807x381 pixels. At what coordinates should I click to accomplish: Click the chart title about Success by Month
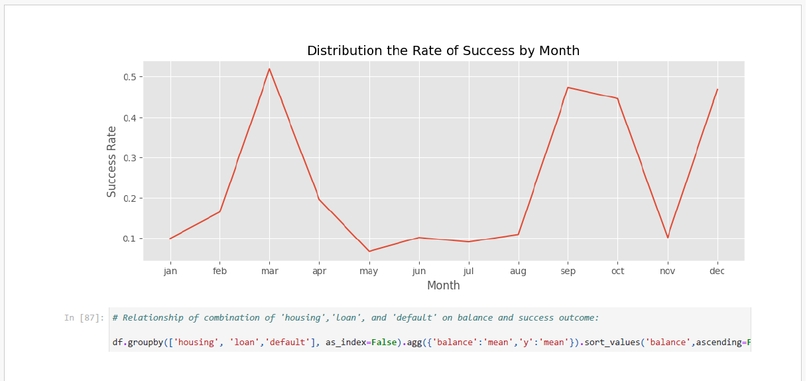443,51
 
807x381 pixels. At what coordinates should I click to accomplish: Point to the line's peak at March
269,69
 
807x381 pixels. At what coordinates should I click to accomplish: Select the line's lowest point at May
369,251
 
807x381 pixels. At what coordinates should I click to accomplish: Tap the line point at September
568,88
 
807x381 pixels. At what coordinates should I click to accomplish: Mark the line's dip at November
668,238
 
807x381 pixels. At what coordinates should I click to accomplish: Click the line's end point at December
717,90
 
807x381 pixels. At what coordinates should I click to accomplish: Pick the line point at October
617,98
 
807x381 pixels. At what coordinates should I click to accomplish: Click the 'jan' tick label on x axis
170,271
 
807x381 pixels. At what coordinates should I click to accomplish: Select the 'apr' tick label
319,271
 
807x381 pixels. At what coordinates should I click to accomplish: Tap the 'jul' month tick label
468,271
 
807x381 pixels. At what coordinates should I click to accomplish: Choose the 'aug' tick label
518,271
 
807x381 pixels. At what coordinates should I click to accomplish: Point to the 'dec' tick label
717,271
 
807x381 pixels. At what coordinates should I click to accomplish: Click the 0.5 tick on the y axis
130,77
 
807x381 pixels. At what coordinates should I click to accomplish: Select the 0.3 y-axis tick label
130,158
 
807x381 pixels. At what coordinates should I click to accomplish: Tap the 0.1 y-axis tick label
130,239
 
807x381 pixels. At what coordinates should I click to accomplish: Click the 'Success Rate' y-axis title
111,161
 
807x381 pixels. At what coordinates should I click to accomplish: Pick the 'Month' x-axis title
444,285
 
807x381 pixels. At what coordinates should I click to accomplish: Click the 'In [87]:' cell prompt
84,318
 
